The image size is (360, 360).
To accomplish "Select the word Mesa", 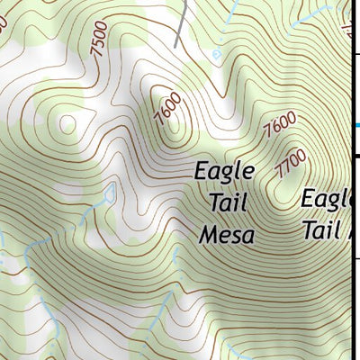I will (x=227, y=235).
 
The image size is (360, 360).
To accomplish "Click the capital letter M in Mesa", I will (x=207, y=235).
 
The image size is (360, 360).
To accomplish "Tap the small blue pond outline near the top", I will (x=216, y=54).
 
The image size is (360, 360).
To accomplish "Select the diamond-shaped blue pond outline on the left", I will (x=110, y=192).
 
